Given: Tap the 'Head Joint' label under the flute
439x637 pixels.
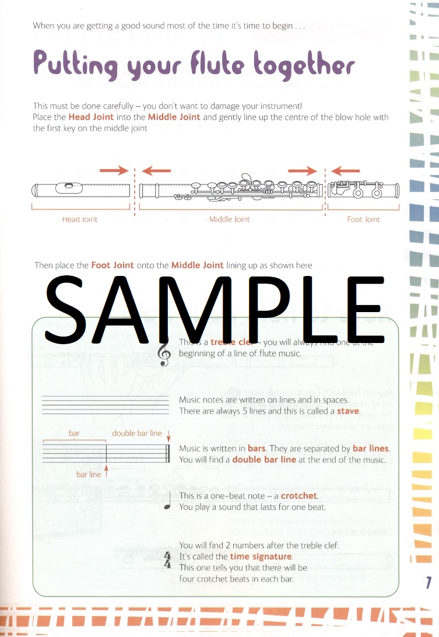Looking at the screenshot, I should click(80, 219).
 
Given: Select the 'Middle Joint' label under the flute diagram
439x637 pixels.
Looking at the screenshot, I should click(229, 219).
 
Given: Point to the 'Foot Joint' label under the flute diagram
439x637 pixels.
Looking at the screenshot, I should click(363, 219).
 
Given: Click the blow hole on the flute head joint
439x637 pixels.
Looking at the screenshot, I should click(70, 187).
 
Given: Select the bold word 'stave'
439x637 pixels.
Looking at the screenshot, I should click(348, 411).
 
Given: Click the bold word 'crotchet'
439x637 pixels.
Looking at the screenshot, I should click(298, 496).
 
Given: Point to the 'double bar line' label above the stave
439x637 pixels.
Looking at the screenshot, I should click(137, 433).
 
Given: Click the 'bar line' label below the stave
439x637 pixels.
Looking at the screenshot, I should click(89, 474).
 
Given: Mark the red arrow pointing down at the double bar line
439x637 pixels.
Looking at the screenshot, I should click(168, 436).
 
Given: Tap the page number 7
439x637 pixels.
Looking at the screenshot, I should click(429, 582).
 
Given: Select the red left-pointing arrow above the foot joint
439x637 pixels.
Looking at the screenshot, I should click(346, 170).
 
